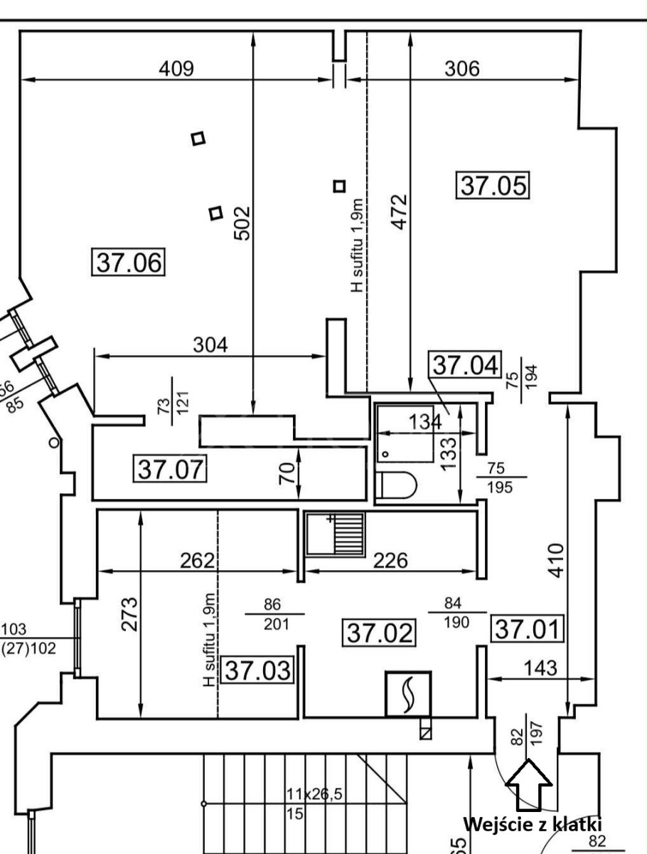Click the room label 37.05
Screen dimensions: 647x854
click(492, 185)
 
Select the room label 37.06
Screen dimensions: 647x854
click(128, 262)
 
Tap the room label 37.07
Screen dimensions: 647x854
click(170, 469)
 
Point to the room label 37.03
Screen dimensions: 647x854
click(257, 670)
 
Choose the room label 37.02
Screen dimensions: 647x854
click(379, 632)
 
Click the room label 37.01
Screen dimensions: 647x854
click(527, 628)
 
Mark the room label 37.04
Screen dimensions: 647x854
click(465, 364)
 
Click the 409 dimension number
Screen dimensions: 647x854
click(176, 68)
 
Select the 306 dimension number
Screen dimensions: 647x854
click(462, 69)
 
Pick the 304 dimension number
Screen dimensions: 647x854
click(210, 344)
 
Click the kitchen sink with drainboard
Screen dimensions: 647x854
click(335, 535)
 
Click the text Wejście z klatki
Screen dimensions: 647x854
click(533, 824)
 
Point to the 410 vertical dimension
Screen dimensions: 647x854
click(569, 560)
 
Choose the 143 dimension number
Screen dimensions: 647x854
click(540, 668)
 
